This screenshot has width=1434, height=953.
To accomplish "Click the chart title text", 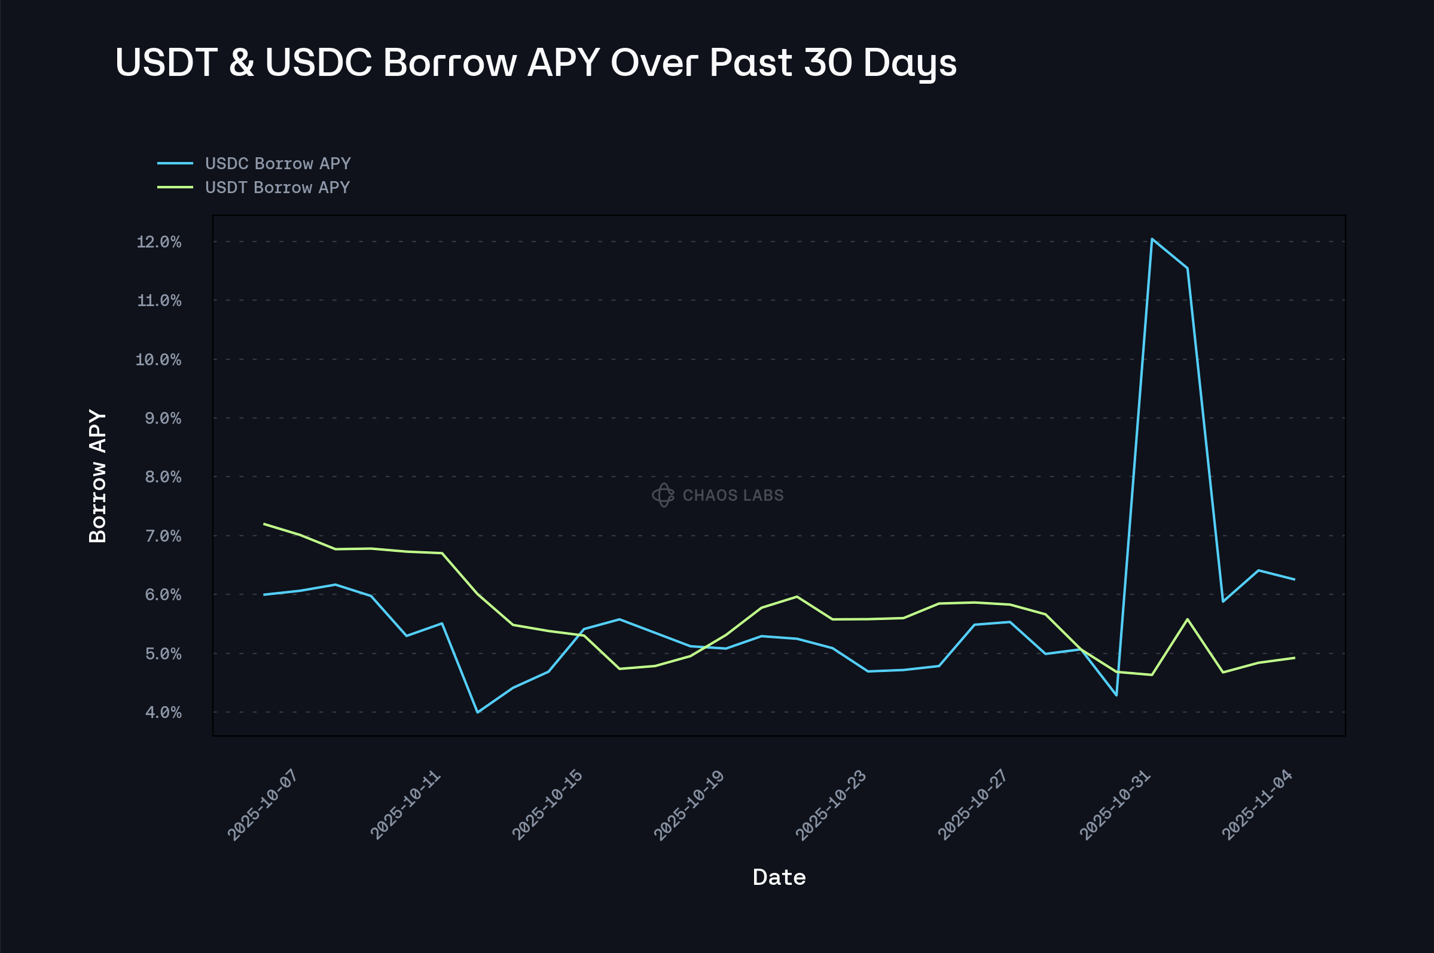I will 536,62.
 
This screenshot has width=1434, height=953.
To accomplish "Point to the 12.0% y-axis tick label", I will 158,242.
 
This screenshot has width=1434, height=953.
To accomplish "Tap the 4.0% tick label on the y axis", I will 162,712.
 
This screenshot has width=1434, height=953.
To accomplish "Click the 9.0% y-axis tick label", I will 162,418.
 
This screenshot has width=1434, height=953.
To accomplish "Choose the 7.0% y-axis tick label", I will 162,536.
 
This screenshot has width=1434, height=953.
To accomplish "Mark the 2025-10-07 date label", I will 263,805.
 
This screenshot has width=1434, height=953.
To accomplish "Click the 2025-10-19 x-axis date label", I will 689,805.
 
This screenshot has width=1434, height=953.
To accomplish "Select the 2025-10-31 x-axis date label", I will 1115,805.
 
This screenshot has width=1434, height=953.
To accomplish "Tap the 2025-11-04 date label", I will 1257,805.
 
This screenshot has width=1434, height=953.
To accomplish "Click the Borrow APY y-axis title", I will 98,476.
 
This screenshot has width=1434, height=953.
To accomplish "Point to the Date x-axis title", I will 779,877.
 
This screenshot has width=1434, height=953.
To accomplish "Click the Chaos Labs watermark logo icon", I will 663,496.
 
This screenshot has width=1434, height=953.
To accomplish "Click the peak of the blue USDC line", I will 1152,239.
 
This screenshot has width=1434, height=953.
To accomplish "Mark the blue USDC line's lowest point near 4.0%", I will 478,712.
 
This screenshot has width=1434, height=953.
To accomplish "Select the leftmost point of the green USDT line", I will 264,524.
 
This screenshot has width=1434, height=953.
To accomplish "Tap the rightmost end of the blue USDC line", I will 1294,579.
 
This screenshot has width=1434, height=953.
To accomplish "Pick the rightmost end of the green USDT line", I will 1294,658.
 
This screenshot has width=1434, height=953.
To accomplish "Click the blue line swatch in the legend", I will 175,163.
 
